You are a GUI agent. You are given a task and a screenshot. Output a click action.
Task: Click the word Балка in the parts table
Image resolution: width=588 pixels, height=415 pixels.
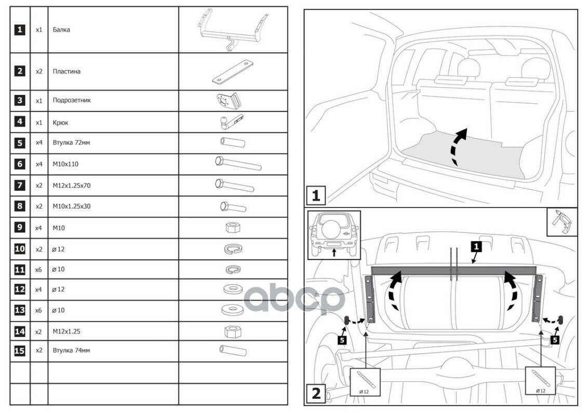61,30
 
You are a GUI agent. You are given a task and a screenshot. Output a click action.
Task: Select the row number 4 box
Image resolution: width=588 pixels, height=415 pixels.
20,122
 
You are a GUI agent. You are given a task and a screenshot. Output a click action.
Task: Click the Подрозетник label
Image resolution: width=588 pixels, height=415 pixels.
72,100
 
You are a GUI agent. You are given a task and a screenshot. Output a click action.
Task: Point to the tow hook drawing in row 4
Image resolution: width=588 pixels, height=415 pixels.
229,122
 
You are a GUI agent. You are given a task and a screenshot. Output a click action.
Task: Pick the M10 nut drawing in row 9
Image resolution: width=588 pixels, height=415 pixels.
233,227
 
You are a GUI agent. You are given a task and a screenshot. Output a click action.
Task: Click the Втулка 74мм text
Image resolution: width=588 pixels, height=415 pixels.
71,351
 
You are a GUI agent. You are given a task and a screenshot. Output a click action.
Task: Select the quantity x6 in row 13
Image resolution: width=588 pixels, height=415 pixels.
39,310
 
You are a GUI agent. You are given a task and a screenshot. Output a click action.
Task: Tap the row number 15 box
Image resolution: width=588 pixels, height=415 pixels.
20,351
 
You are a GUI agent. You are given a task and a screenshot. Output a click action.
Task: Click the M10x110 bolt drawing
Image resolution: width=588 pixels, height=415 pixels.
237,163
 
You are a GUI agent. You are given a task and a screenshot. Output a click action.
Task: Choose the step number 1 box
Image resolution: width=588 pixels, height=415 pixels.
316,196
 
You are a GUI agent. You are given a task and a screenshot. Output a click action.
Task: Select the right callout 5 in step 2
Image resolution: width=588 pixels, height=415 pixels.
555,340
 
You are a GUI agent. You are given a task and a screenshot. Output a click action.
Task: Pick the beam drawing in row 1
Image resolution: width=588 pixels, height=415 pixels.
232,30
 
